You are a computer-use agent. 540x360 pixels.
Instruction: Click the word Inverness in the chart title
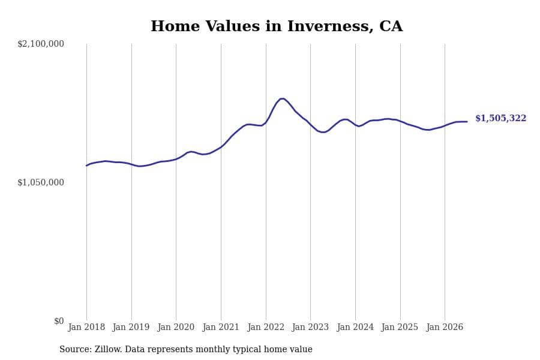pyautogui.click(x=330, y=26)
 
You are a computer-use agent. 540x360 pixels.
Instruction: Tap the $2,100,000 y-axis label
pyautogui.click(x=41, y=44)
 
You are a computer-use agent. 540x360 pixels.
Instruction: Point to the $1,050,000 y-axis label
pyautogui.click(x=41, y=182)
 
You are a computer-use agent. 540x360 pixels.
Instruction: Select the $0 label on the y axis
pyautogui.click(x=59, y=321)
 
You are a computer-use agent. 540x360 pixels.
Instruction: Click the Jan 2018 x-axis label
pyautogui.click(x=86, y=327)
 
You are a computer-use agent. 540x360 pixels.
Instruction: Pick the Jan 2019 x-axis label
pyautogui.click(x=131, y=327)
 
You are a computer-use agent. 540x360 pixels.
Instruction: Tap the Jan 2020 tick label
pyautogui.click(x=176, y=327)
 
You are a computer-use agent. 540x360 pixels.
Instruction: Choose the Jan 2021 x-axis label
pyautogui.click(x=221, y=327)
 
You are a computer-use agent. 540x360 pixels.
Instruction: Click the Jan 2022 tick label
pyautogui.click(x=266, y=327)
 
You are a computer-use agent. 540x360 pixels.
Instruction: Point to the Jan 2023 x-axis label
pyautogui.click(x=310, y=327)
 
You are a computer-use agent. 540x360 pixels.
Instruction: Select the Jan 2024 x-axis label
pyautogui.click(x=355, y=327)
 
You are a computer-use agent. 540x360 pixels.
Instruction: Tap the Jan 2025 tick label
pyautogui.click(x=400, y=327)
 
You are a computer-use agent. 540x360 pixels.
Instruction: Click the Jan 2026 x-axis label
pyautogui.click(x=445, y=327)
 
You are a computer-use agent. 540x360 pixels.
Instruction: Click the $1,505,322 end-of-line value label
pyautogui.click(x=501, y=118)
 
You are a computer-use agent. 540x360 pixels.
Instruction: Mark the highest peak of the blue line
pyautogui.click(x=282, y=99)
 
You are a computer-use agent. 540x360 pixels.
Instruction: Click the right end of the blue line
pyautogui.click(x=467, y=122)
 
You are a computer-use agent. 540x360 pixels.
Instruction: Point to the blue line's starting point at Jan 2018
pyautogui.click(x=86, y=166)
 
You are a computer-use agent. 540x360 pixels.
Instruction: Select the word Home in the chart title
pyautogui.click(x=175, y=26)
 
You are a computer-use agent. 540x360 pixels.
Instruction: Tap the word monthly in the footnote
pyautogui.click(x=213, y=349)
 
